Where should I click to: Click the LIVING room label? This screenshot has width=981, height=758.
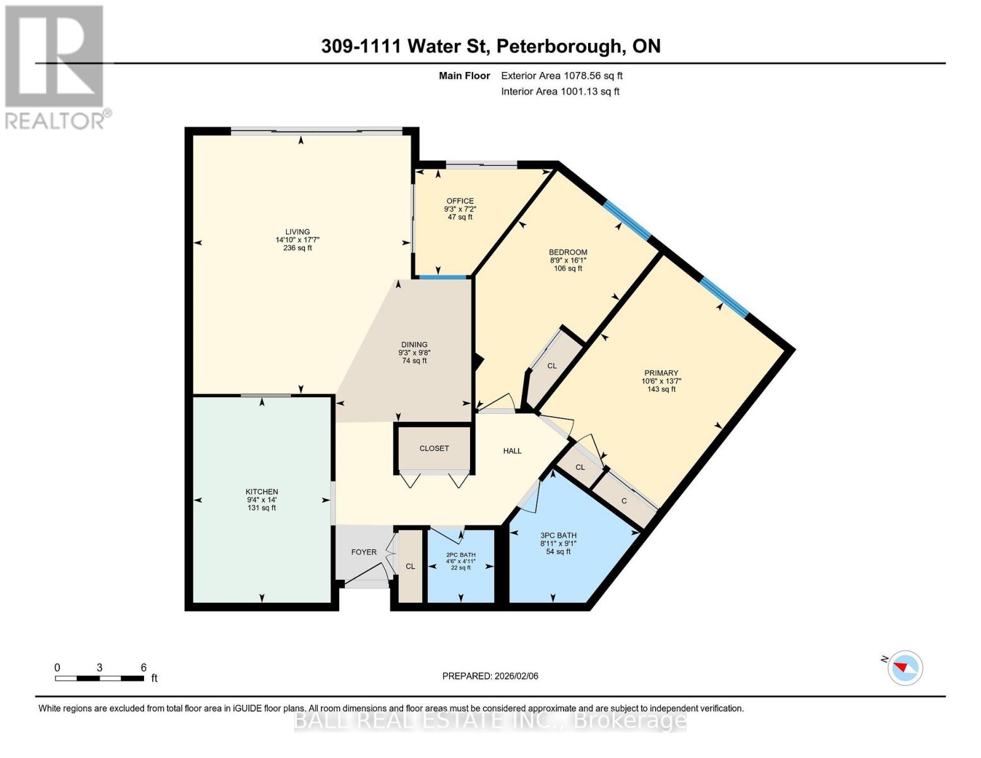[297, 232]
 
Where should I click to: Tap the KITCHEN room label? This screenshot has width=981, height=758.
[262, 491]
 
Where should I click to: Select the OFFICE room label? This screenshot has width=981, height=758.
[460, 201]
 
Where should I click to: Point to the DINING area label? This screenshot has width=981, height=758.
[414, 345]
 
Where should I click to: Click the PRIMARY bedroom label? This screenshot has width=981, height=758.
[661, 373]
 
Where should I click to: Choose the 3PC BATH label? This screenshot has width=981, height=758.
[558, 535]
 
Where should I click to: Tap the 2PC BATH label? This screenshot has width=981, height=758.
[460, 553]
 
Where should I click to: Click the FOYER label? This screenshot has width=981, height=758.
[364, 552]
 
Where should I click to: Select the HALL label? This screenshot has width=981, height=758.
[512, 451]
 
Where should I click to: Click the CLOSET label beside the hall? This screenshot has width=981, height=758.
[434, 448]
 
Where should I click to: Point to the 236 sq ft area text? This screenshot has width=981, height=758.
[298, 248]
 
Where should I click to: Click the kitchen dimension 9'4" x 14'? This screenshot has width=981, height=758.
[262, 500]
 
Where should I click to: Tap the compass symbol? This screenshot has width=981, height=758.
[905, 668]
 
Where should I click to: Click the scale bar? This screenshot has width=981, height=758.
[99, 678]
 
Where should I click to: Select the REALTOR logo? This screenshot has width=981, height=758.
[56, 66]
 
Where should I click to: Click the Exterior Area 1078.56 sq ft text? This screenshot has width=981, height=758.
[562, 76]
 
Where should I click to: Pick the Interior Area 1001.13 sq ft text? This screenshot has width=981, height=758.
[560, 92]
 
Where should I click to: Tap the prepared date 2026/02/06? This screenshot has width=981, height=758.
[490, 676]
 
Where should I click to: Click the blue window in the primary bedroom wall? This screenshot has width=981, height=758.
[724, 297]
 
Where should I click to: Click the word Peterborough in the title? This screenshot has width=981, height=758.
[558, 46]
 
